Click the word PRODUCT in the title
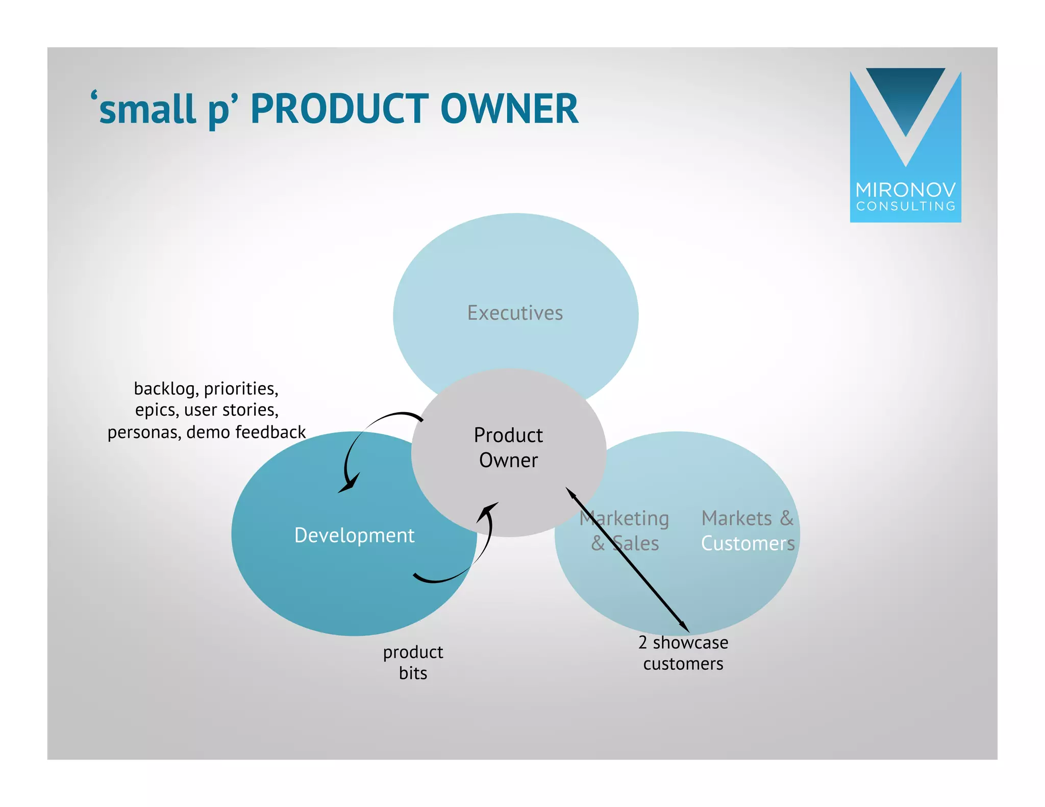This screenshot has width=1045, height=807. point(339,109)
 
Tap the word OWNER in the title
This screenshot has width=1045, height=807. point(509,109)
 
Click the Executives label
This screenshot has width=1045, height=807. point(515,313)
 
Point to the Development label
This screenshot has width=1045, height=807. point(354,535)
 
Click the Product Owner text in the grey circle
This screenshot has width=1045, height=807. point(508,447)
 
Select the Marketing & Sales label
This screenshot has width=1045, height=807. point(624,531)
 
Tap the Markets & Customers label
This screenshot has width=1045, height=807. point(748,531)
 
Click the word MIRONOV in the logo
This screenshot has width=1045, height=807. point(905,190)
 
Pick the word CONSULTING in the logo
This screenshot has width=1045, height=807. point(905,207)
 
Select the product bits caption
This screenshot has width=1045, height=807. point(413,662)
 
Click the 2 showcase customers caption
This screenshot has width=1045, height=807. point(683,653)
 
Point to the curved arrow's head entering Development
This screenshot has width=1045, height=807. point(349,485)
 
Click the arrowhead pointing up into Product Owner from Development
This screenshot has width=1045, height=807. point(488,510)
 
